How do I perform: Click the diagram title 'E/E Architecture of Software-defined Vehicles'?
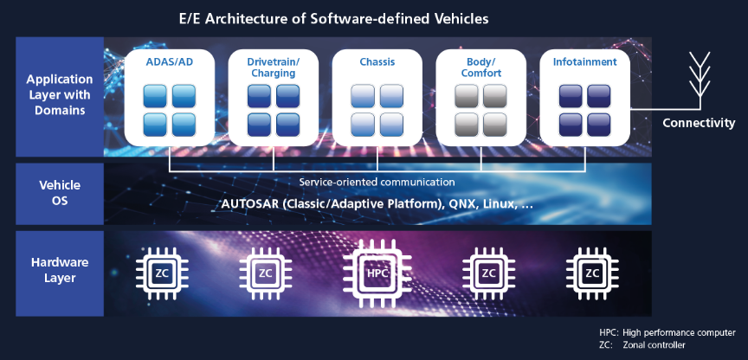(374, 16)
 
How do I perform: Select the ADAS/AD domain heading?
(169, 62)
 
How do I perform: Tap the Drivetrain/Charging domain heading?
(273, 67)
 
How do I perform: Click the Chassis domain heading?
(377, 62)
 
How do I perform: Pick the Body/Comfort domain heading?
(480, 67)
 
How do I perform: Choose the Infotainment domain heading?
(585, 62)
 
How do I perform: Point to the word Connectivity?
(699, 123)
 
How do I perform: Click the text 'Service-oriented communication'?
(377, 183)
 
